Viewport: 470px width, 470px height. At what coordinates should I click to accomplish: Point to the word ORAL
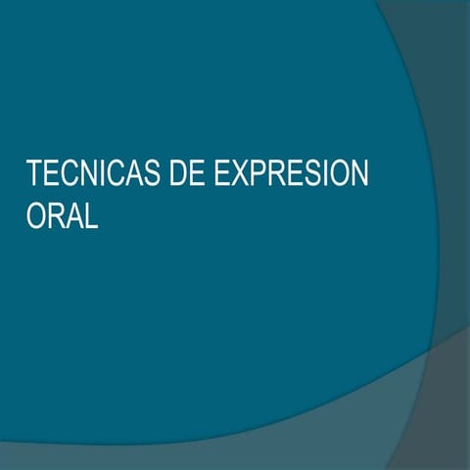click(x=63, y=216)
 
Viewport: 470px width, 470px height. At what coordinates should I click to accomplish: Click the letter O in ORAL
click(x=37, y=216)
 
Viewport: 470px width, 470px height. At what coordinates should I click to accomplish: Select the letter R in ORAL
click(x=57, y=216)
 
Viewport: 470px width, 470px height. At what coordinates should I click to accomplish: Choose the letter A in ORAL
click(x=75, y=216)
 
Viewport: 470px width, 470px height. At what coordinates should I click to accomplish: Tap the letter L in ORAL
click(x=92, y=216)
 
